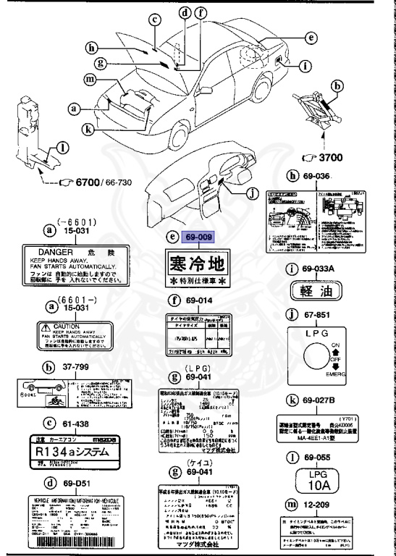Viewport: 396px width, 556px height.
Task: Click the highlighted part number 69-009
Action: (201, 236)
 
